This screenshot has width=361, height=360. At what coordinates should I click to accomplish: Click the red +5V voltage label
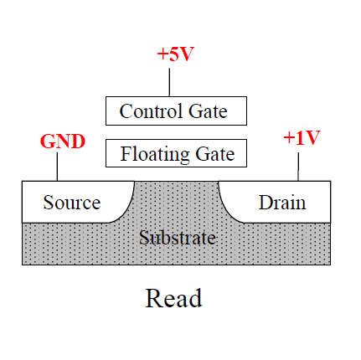click(176, 54)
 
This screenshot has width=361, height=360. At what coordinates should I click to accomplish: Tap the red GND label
click(63, 141)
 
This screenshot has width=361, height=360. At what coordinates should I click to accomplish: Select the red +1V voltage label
click(302, 138)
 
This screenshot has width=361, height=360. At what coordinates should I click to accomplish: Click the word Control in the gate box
click(151, 111)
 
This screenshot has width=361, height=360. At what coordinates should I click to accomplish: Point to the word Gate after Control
click(208, 111)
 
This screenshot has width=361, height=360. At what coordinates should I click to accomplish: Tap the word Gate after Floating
click(215, 154)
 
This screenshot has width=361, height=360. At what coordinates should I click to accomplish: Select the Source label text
click(72, 203)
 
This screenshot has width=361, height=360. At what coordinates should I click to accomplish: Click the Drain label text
click(282, 203)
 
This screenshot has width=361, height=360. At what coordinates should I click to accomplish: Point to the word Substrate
click(178, 238)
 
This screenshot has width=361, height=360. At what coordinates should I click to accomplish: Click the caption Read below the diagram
click(173, 298)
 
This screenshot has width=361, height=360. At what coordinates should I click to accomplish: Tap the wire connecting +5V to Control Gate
click(169, 82)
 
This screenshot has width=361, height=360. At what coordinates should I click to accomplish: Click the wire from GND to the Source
click(57, 167)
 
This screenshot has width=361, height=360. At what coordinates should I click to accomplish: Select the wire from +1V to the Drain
click(298, 167)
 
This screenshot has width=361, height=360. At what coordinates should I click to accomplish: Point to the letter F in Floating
click(126, 153)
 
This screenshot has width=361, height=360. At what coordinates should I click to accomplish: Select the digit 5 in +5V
click(173, 54)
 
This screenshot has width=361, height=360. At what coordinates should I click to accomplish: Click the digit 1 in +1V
click(300, 138)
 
